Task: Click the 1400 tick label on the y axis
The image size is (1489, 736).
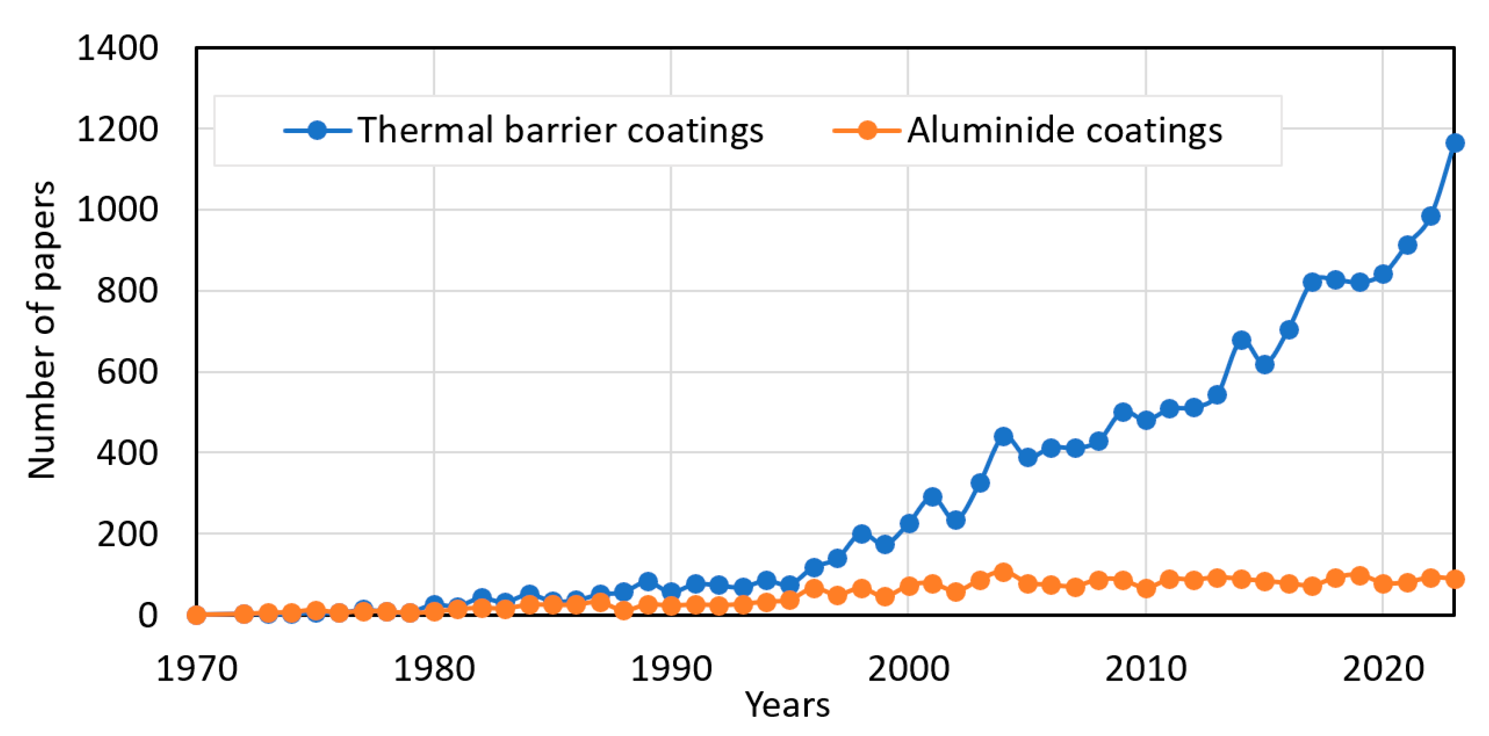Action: click(x=117, y=48)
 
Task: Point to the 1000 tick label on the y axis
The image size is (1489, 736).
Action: click(x=117, y=210)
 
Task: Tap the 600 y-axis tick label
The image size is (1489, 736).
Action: click(x=127, y=372)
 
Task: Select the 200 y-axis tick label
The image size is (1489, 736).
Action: click(x=127, y=534)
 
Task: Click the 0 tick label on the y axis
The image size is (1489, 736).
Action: click(x=148, y=615)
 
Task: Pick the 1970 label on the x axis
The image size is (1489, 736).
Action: click(x=197, y=669)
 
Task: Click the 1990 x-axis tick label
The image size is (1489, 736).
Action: click(x=671, y=669)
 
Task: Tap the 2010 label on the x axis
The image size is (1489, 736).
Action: click(x=1145, y=669)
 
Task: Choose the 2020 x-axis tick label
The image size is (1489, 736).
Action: click(x=1383, y=669)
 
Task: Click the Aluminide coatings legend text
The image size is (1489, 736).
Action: click(x=1065, y=130)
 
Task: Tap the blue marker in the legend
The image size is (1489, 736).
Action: click(x=317, y=130)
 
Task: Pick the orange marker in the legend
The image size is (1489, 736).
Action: click(x=866, y=130)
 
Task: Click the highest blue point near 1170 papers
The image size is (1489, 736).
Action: click(x=1454, y=142)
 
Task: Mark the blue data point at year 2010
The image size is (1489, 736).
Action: click(x=1145, y=420)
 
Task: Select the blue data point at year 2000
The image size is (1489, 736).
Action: click(x=909, y=523)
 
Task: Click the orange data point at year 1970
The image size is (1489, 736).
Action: click(x=197, y=615)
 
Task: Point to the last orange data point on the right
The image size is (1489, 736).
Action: click(x=1454, y=579)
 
